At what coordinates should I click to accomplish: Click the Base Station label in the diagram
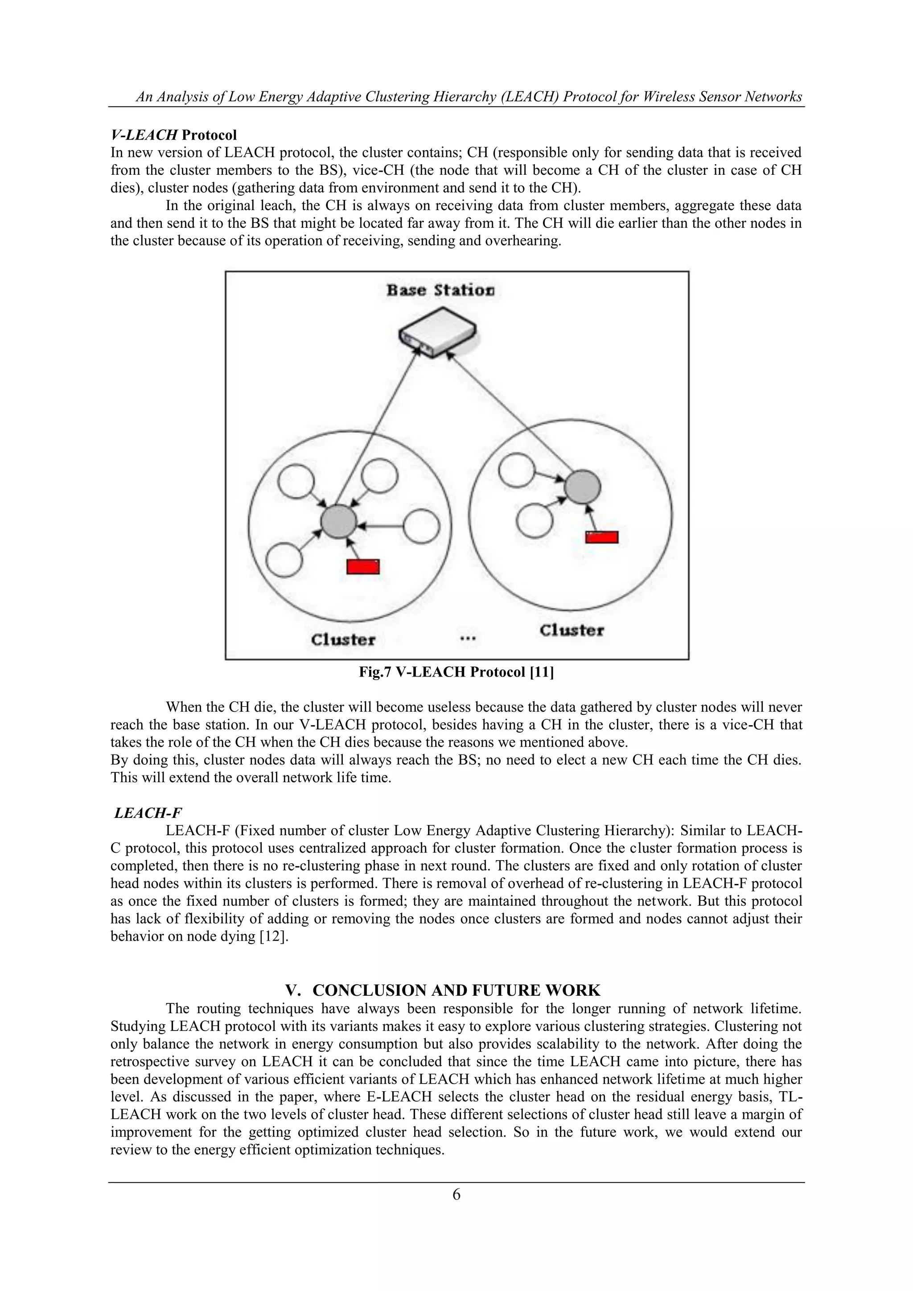(x=440, y=291)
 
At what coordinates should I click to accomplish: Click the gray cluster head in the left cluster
(x=338, y=522)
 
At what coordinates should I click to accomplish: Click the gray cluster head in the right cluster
(x=582, y=487)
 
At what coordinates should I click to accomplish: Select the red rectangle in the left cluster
(x=362, y=566)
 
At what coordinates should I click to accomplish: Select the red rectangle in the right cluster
(x=601, y=537)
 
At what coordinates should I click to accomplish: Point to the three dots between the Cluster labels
(x=468, y=638)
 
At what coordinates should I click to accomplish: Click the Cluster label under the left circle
(x=343, y=639)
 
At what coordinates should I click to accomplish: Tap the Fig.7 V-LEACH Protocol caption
(x=456, y=672)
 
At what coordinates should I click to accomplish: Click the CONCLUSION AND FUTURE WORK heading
(x=456, y=990)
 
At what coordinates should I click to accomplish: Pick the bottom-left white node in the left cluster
(x=284, y=560)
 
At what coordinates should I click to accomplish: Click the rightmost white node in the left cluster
(x=422, y=526)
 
